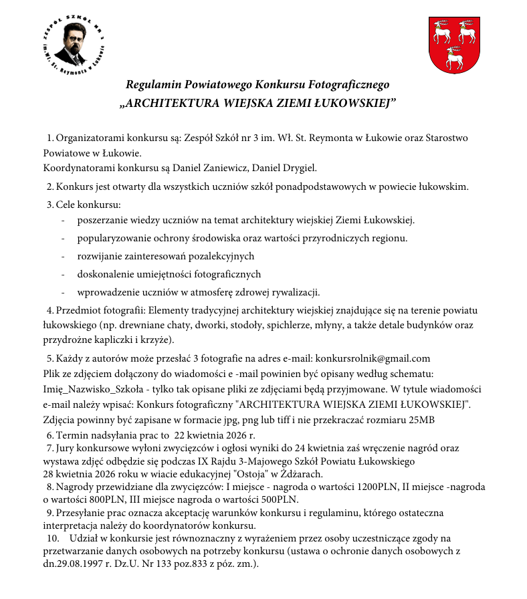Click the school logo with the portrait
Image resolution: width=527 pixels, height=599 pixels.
74,45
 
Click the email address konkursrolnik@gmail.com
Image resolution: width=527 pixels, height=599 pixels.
373,358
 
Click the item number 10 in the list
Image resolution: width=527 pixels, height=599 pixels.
50,538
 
